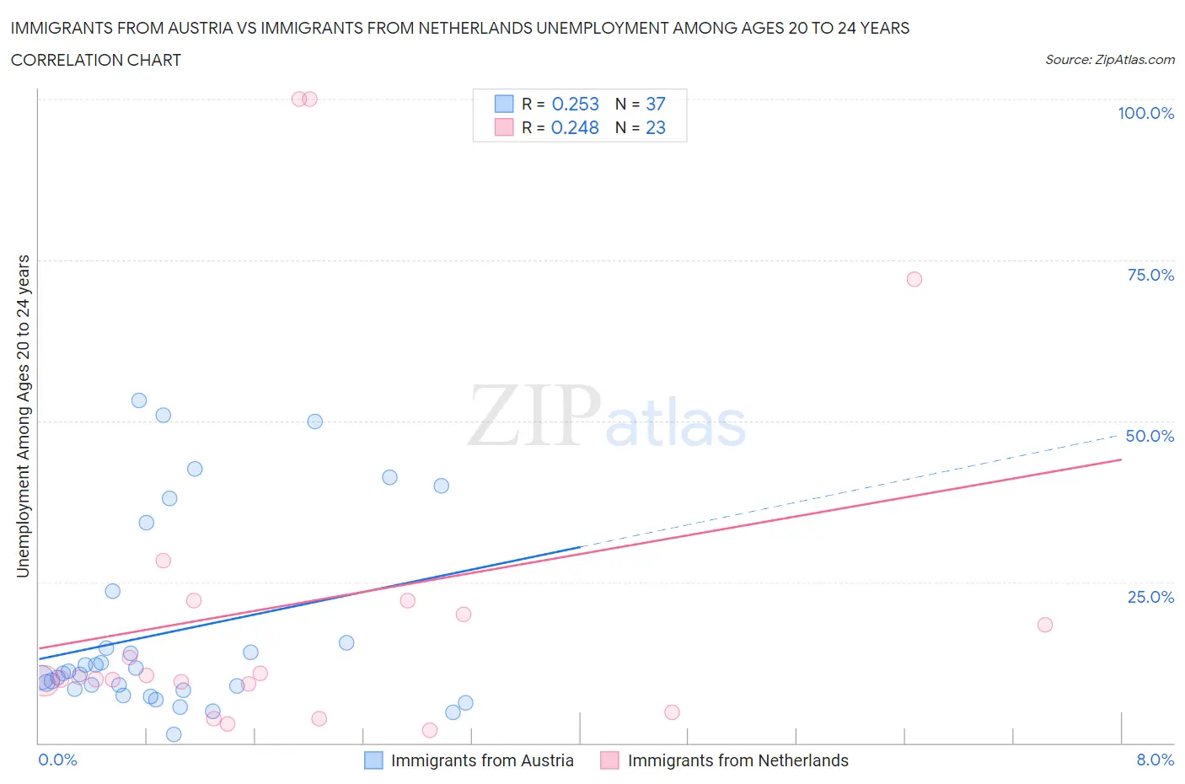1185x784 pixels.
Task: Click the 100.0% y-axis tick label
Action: [1145, 113]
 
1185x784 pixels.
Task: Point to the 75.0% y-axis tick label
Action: [1150, 275]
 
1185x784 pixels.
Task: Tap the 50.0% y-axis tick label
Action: [1150, 436]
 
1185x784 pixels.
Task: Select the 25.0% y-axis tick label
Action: [1150, 597]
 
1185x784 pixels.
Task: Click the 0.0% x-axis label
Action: [57, 760]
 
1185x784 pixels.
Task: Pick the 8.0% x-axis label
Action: [1155, 760]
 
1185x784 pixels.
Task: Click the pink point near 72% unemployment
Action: [914, 279]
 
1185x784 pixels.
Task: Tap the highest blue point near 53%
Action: [139, 400]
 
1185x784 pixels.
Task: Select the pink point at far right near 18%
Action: [1045, 625]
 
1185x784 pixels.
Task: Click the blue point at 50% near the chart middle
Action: [315, 422]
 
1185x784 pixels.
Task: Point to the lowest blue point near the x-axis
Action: [174, 734]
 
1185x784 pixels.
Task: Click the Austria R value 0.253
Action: [575, 104]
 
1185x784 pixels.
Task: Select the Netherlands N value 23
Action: [655, 127]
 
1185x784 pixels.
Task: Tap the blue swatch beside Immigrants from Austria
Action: [373, 760]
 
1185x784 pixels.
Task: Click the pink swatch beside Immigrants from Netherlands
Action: [609, 760]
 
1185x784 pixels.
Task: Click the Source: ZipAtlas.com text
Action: [1109, 60]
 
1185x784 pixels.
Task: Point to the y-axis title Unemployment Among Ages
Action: [23, 416]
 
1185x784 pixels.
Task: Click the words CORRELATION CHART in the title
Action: [96, 60]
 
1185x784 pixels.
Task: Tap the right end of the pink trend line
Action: [1121, 459]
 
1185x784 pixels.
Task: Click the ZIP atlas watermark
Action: [607, 417]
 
